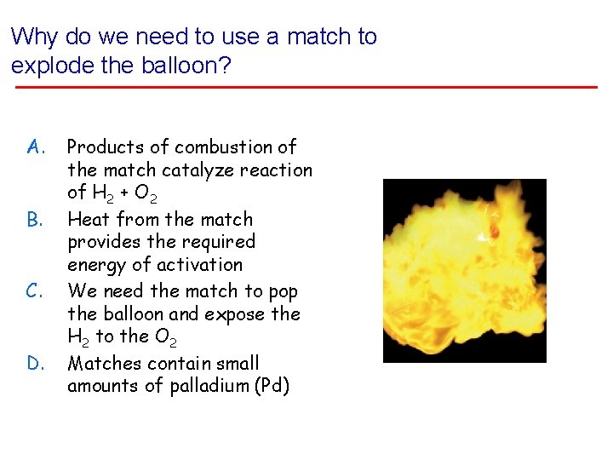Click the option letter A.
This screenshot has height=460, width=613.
point(35,148)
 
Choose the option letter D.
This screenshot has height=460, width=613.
point(35,365)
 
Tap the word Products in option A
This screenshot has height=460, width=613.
point(103,147)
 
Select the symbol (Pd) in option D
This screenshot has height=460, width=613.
point(269,386)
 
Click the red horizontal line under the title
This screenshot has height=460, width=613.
point(305,87)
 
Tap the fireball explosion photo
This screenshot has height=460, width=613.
point(464,271)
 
